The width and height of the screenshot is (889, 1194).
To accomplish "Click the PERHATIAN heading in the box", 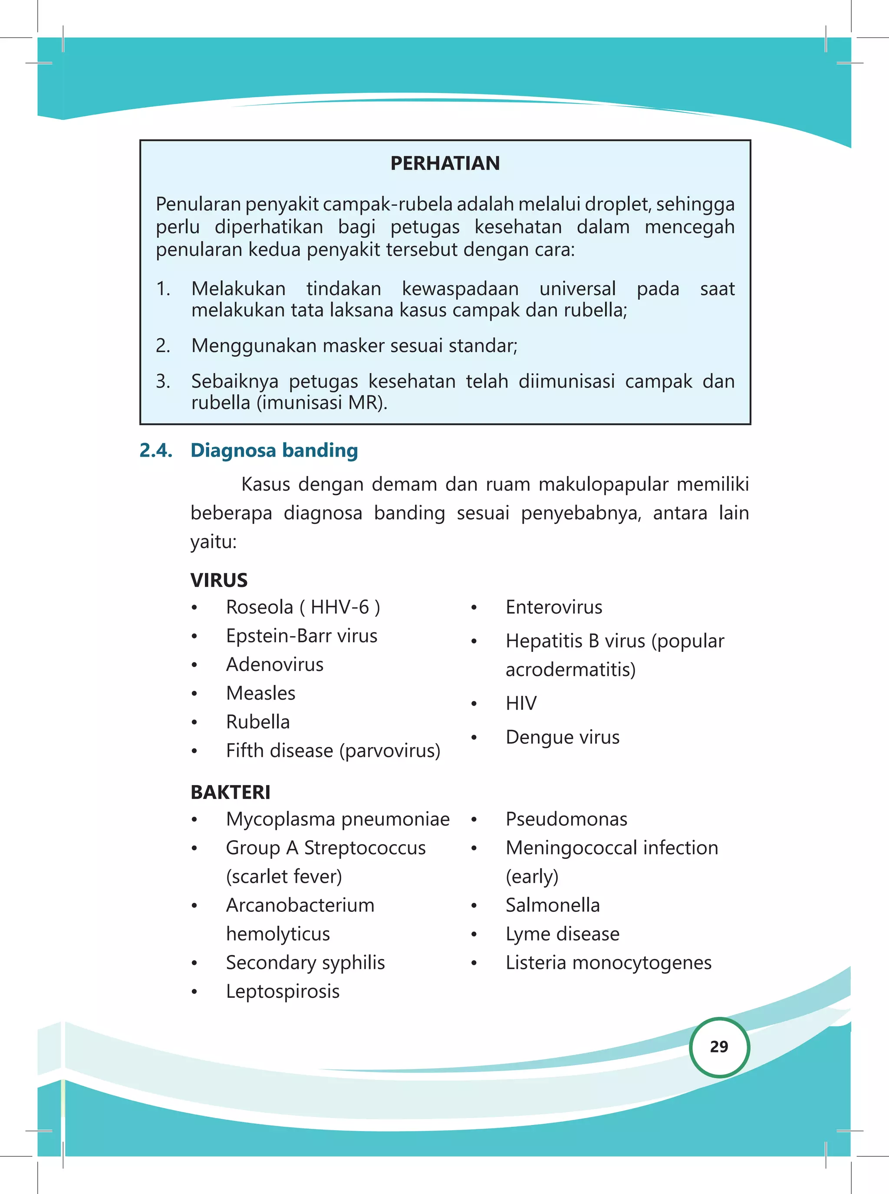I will coord(444,163).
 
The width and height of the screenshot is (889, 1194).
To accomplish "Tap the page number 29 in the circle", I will coord(718,1046).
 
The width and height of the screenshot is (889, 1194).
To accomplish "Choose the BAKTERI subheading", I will coord(230,792).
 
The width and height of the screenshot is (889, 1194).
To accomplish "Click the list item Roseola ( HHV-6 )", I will coord(303,607).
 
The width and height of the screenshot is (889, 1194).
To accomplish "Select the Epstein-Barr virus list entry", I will coord(301,635).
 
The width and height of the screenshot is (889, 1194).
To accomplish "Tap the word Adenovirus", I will coord(274,664).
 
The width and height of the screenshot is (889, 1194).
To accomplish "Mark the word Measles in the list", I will coord(260,693).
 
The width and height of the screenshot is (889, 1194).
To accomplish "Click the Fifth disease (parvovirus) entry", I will coord(333,750).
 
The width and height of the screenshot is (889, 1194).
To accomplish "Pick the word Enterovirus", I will coord(554,607).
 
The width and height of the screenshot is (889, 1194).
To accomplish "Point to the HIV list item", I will coord(521,703).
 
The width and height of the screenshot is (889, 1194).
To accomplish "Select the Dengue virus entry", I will coord(562,737).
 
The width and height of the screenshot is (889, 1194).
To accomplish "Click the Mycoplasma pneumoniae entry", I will coord(337,819).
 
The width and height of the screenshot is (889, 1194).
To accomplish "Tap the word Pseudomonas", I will coord(566,819).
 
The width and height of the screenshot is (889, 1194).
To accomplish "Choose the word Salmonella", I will coord(552,905).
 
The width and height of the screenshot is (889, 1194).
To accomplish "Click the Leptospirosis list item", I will coord(283,991).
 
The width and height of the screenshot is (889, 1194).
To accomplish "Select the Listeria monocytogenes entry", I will coord(608,962).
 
